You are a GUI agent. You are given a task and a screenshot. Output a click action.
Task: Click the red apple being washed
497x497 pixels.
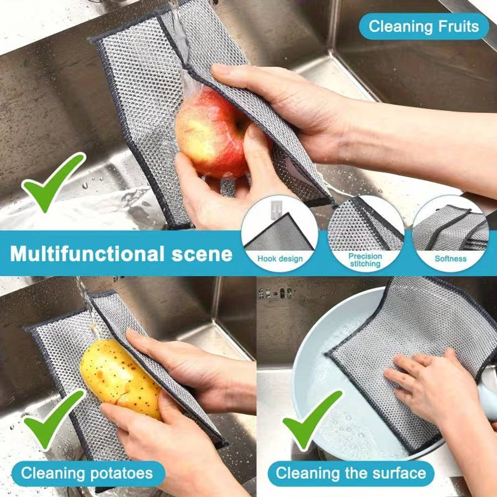point(213,133)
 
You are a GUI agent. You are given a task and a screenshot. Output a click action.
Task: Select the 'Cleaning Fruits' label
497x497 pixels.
point(424,27)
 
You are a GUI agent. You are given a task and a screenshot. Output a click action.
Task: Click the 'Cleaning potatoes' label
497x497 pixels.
point(88,474)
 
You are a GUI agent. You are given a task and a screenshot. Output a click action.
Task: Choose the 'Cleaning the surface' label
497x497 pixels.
point(351,474)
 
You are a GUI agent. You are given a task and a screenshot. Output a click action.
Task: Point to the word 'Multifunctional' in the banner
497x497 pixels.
point(87,253)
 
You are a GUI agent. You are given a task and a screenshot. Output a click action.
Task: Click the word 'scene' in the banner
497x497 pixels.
point(202,255)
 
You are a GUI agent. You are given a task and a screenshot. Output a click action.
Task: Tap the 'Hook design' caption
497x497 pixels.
point(280,259)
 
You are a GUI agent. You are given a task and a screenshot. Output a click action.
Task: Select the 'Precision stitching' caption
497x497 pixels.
point(365,260)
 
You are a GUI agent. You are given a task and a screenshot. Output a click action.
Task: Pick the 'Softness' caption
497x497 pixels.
point(451,258)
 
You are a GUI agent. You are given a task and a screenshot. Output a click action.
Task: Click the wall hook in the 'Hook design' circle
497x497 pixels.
point(276,209)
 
